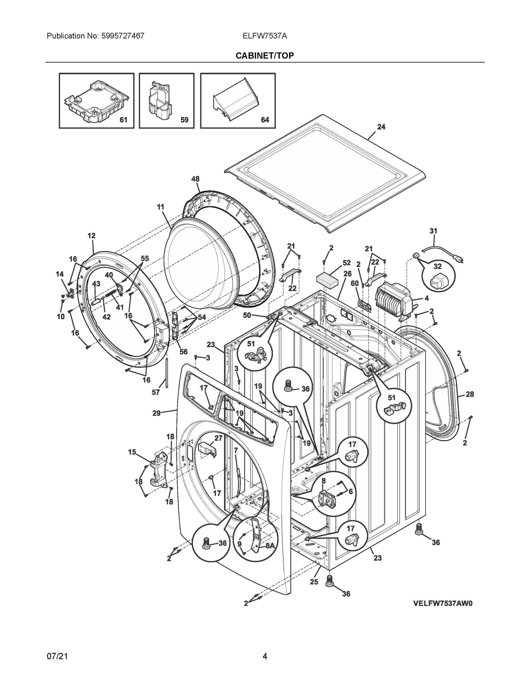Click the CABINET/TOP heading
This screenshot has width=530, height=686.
265,56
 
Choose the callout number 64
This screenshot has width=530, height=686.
265,120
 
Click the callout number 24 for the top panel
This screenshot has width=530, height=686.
381,127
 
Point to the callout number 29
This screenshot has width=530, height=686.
156,413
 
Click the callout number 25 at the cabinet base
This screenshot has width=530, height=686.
314,582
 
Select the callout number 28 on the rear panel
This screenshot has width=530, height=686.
469,394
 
